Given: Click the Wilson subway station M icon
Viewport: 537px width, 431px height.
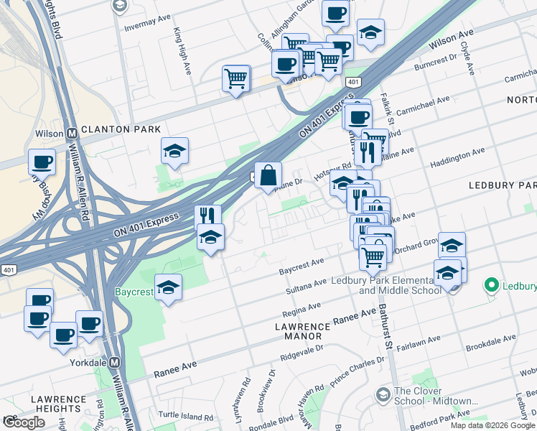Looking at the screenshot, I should [72, 134].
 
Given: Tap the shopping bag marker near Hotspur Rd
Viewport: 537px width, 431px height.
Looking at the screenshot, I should [268, 175].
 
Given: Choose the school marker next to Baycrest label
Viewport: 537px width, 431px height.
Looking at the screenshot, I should [168, 287].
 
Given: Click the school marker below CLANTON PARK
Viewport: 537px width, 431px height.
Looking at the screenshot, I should [174, 151].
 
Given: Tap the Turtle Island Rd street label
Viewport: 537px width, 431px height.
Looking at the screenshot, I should [186, 416].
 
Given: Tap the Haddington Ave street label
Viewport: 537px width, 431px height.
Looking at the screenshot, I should [457, 158].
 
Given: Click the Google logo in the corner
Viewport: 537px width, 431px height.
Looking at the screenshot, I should [24, 422].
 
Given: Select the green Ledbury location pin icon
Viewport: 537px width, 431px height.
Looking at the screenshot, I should [492, 285].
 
